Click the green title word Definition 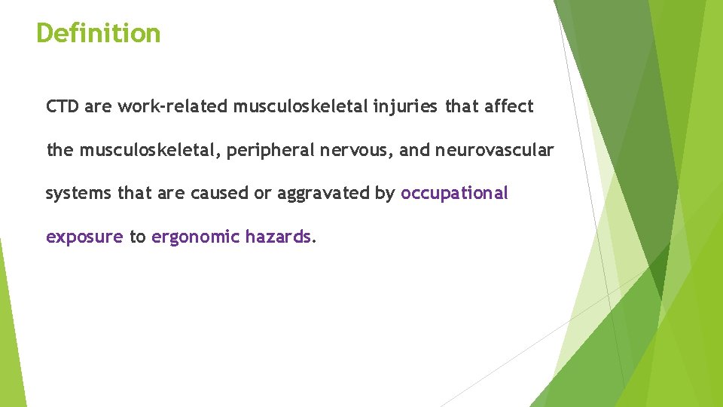tap(99, 33)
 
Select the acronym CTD tap(63, 107)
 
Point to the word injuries tap(404, 107)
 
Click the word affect tap(509, 107)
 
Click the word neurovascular tap(494, 151)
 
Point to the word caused tap(219, 194)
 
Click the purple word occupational tap(455, 194)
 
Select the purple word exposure tap(84, 237)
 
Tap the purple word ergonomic tap(196, 237)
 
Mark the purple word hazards tap(278, 237)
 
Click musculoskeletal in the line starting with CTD tap(300, 107)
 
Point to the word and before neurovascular tap(414, 151)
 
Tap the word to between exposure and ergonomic tap(137, 237)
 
